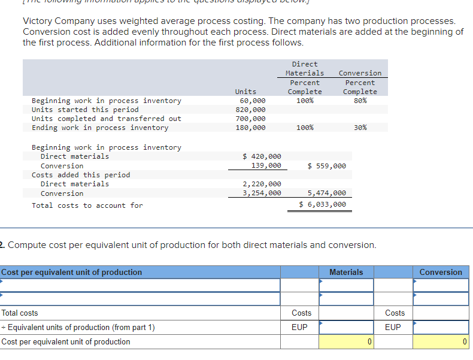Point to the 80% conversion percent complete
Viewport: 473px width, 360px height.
click(360, 101)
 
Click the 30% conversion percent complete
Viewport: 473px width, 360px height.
click(360, 128)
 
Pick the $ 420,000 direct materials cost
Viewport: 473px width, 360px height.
click(262, 156)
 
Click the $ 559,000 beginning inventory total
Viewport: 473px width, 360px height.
click(326, 165)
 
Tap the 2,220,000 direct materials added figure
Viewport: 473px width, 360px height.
click(262, 184)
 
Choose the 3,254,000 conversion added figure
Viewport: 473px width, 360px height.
click(262, 193)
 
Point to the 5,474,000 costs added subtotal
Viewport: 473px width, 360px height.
click(326, 193)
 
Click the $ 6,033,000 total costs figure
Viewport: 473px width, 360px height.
click(323, 204)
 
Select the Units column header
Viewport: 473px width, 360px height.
click(245, 92)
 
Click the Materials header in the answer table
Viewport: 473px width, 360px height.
click(346, 272)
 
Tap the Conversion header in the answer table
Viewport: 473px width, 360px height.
click(441, 272)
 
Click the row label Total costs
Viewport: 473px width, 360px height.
click(20, 313)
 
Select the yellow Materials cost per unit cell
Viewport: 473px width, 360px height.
click(346, 342)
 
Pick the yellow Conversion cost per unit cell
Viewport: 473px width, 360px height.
click(441, 342)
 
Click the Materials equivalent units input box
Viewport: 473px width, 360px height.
click(346, 327)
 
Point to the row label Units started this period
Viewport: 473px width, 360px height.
click(85, 110)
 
